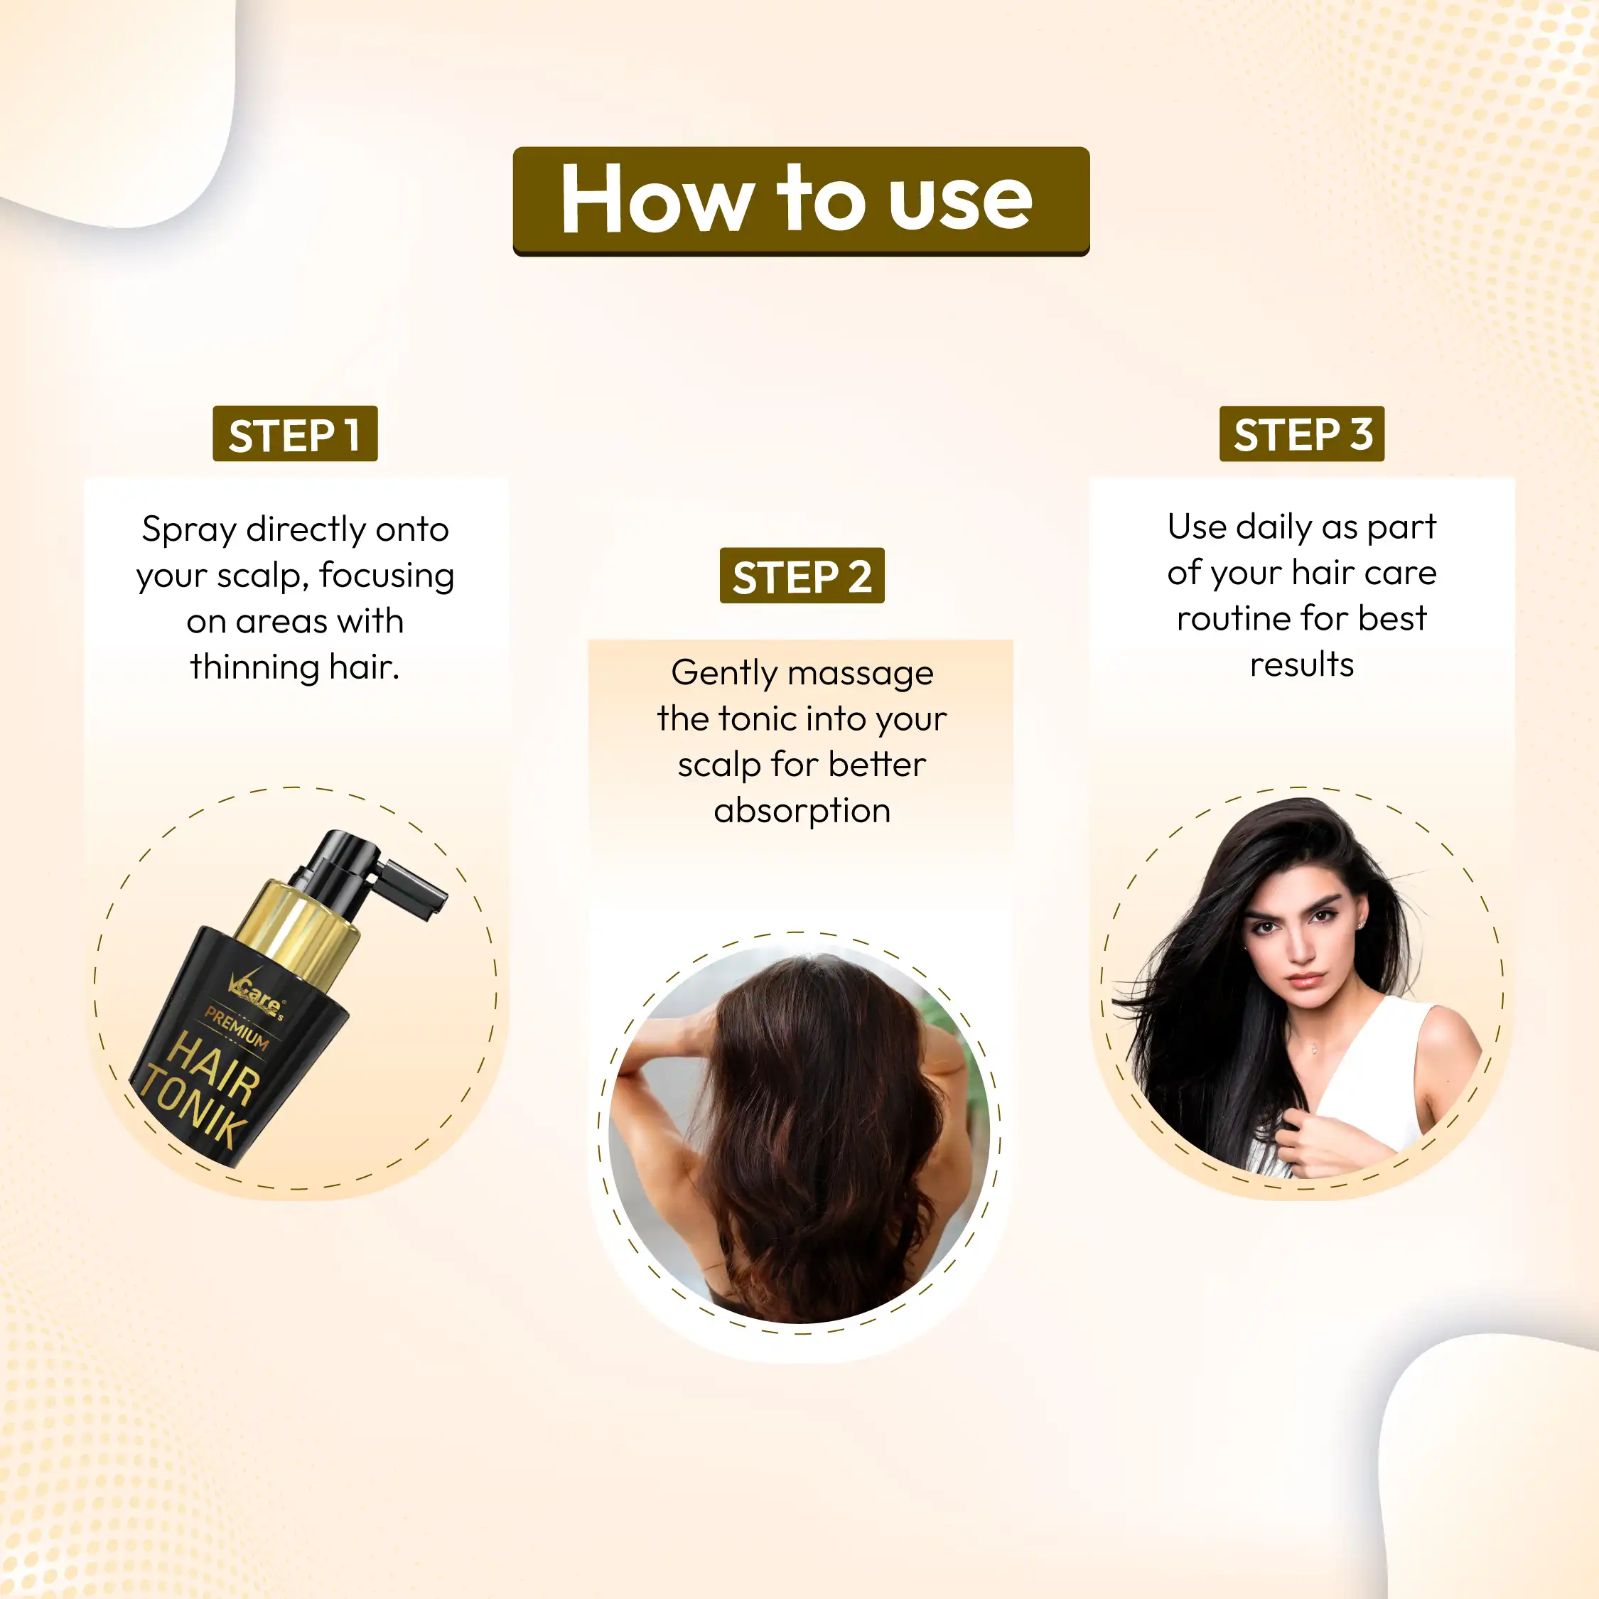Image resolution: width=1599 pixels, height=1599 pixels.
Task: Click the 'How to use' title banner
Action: click(x=800, y=201)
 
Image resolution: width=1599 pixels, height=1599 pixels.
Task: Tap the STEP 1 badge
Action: click(x=295, y=434)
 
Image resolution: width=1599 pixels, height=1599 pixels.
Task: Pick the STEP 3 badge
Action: click(x=1301, y=434)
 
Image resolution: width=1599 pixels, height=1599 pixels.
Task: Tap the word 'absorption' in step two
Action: click(x=801, y=810)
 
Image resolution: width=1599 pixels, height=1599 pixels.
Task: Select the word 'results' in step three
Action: click(x=1301, y=664)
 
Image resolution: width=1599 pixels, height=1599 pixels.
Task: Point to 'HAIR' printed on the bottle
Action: click(x=213, y=1068)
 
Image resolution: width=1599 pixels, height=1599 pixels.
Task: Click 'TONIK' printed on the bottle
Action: click(x=195, y=1109)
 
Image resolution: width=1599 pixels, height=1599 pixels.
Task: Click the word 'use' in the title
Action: click(x=960, y=201)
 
